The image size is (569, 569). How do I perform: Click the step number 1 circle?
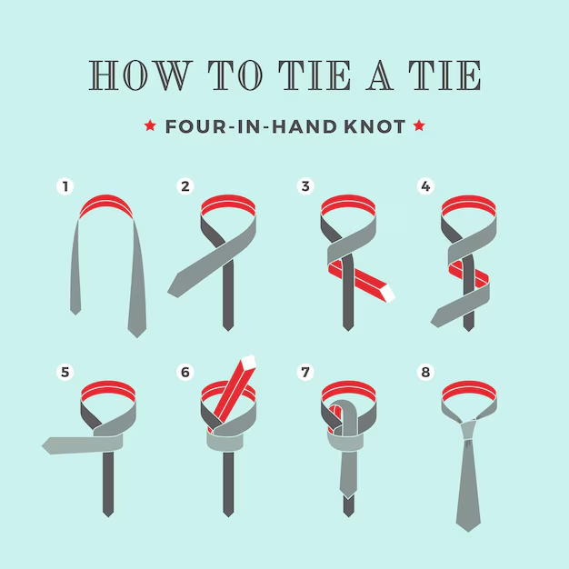pos(65,186)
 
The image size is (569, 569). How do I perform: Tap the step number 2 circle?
pos(185,186)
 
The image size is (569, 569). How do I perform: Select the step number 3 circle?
pos(305,186)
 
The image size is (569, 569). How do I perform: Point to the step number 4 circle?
pos(425,186)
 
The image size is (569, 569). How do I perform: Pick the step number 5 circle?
pos(65,372)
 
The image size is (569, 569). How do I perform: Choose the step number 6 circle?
pos(185,372)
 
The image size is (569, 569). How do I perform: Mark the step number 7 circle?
pos(305,372)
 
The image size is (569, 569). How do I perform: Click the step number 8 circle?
pos(425,372)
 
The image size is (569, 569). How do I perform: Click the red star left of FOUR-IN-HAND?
pos(150,125)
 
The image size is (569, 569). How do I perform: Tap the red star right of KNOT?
pos(419,125)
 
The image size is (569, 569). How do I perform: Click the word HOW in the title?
pos(141,75)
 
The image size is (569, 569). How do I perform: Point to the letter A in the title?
pos(380,75)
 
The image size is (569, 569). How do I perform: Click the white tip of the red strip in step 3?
pos(386,294)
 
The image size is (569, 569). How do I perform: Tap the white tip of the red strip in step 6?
pos(248,362)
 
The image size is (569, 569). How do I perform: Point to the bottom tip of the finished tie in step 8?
pos(468,531)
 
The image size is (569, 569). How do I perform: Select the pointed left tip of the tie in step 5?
pos(43,445)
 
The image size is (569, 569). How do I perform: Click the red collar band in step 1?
pos(106,204)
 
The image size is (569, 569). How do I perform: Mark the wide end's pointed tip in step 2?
pos(169,291)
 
